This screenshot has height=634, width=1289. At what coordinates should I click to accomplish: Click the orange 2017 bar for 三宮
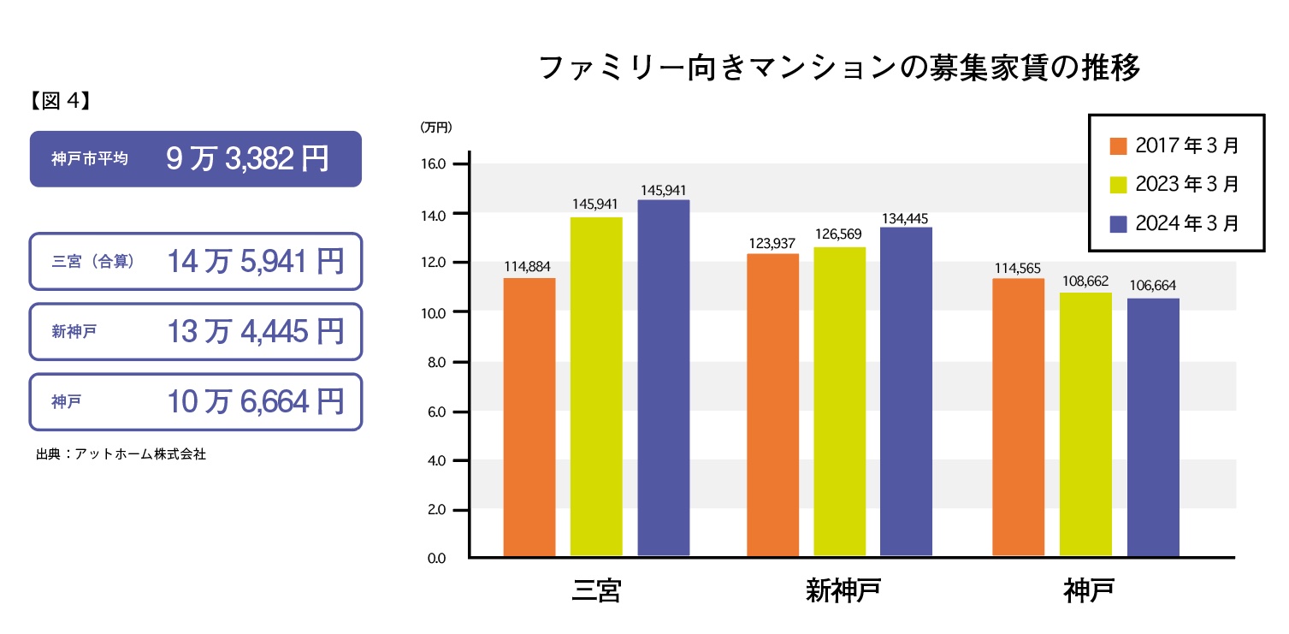coord(529,418)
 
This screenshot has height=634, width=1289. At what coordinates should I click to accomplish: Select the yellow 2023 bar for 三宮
coord(596,387)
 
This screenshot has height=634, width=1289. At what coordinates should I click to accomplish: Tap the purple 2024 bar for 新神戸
coord(906,392)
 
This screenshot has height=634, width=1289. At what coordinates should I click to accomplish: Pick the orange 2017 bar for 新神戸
coord(772,405)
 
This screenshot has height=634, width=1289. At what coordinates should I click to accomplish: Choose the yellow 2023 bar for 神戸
coord(1085,424)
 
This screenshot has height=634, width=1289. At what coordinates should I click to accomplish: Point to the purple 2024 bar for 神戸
coord(1153,428)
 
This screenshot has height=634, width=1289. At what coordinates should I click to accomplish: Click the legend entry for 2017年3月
coord(1174,145)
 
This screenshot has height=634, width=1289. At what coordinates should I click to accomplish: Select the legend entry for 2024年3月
coord(1174,223)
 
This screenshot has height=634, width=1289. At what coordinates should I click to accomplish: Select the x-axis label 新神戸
coord(843,591)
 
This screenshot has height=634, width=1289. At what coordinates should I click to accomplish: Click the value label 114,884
coord(529,267)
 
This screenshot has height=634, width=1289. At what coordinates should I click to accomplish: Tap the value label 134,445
coord(907,218)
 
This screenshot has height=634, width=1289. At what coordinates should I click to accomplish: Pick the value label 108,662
coord(1085,281)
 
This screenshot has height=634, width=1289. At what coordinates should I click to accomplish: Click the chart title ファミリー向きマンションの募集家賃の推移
coord(840,68)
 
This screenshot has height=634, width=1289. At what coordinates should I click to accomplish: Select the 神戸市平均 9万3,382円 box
coord(196,158)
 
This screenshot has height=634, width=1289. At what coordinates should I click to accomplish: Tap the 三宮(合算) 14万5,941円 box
coord(196,261)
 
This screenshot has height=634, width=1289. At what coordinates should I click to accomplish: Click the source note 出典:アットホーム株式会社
coord(121,454)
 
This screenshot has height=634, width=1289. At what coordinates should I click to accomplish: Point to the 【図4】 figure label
coord(60,101)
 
